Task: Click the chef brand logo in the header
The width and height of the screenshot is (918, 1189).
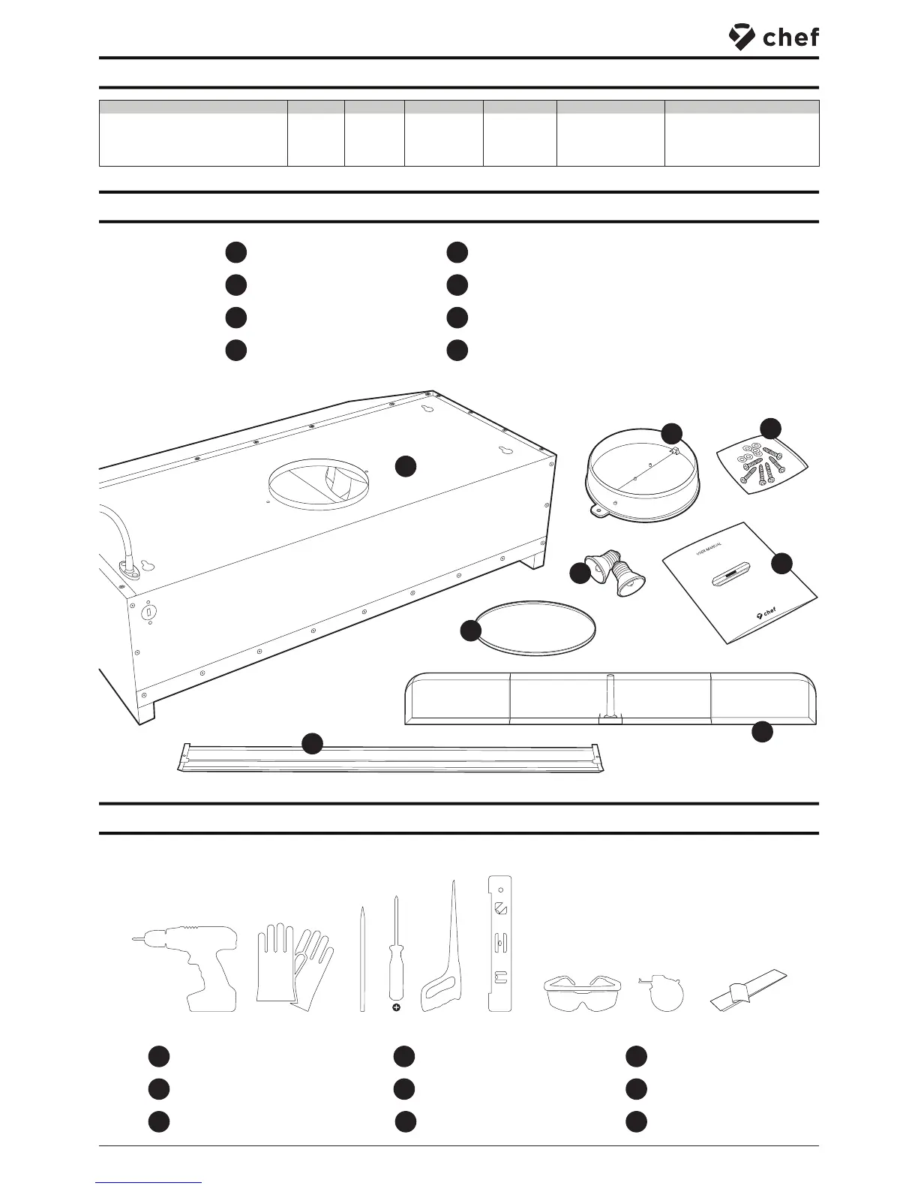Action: pos(773,37)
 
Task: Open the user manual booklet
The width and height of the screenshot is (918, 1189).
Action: pos(739,584)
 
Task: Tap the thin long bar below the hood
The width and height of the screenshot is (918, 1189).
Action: pos(390,757)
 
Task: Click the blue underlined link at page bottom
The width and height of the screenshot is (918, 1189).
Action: pos(149,1182)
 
